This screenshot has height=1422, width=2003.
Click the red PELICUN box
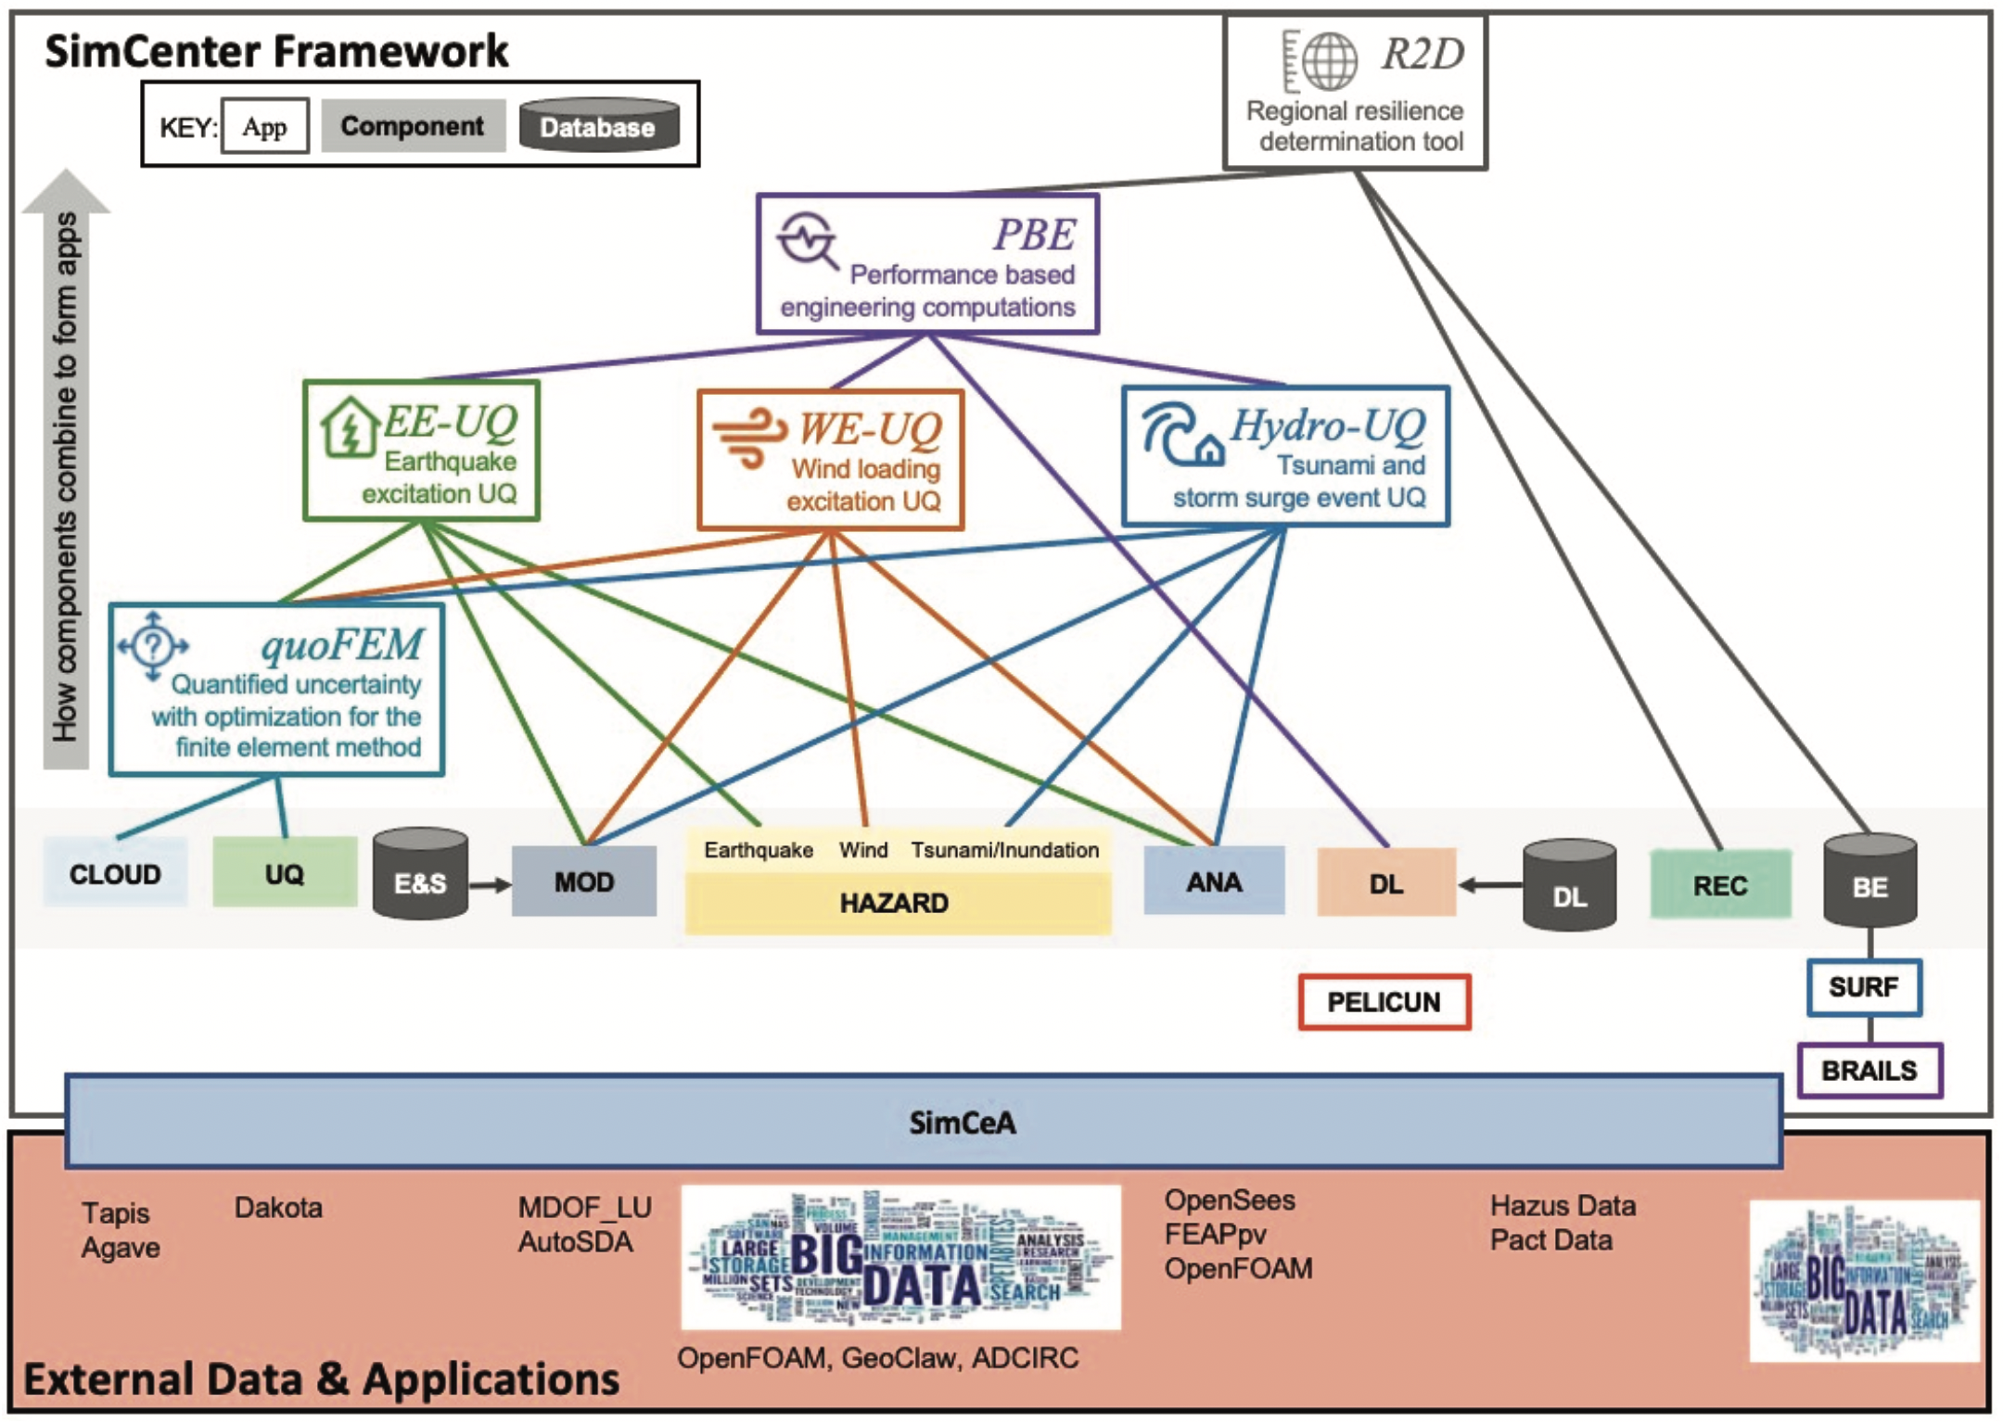point(1384,1002)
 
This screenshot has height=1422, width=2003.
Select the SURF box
point(1863,987)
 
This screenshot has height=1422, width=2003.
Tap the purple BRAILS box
point(1869,1071)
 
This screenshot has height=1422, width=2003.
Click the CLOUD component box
point(115,873)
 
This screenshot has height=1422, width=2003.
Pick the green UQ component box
point(284,873)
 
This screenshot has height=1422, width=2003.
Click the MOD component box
point(584,882)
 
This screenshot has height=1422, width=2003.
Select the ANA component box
point(1213,882)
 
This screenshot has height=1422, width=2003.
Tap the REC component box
point(1719,885)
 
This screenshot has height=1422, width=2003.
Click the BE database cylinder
point(1869,881)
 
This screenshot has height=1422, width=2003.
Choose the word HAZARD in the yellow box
point(894,903)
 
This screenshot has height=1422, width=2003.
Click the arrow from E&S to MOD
point(490,884)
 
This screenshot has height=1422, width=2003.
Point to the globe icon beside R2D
point(1329,60)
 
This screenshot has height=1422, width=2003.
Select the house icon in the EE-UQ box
point(350,427)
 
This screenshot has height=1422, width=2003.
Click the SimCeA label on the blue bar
point(962,1123)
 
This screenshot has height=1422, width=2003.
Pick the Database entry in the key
point(598,126)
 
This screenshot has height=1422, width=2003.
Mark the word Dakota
point(278,1208)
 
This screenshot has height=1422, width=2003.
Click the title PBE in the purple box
point(1034,235)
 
